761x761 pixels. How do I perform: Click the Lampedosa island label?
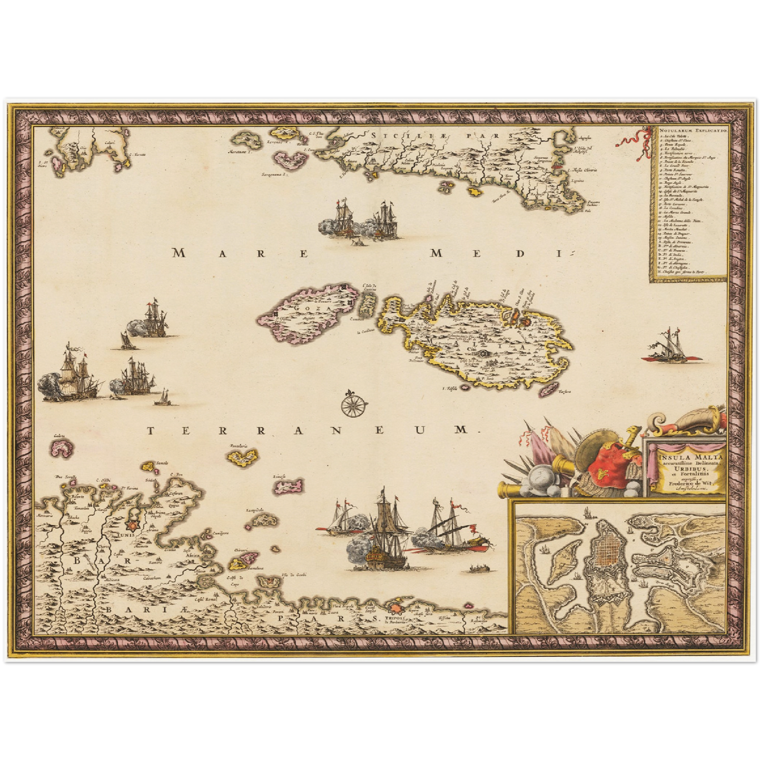point(254,511)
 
